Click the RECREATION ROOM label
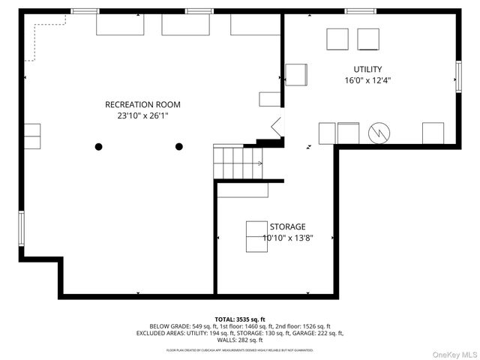click(142, 104)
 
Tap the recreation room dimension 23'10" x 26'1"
click(142, 116)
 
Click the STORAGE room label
click(287, 226)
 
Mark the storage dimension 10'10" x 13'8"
click(287, 238)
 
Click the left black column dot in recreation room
click(98, 147)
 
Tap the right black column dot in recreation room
click(179, 147)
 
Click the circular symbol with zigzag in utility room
click(380, 133)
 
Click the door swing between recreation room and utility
click(275, 128)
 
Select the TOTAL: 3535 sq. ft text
click(240, 319)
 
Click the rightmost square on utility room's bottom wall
click(433, 133)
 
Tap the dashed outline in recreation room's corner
click(45, 37)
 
